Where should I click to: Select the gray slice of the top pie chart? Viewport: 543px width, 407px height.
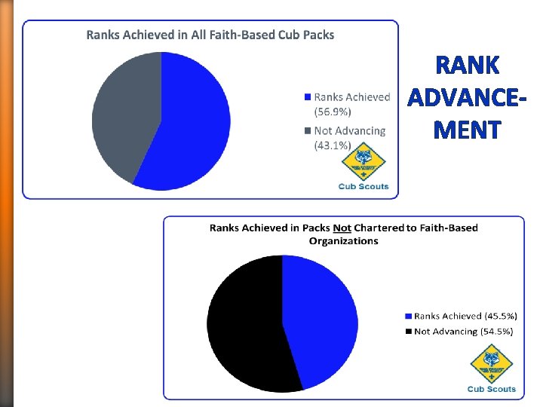pyautogui.click(x=124, y=113)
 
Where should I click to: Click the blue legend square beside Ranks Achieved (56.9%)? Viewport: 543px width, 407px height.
pyautogui.click(x=307, y=97)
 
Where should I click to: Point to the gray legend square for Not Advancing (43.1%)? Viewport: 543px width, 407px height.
pyautogui.click(x=307, y=131)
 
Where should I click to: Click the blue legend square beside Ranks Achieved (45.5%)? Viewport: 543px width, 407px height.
pyautogui.click(x=409, y=317)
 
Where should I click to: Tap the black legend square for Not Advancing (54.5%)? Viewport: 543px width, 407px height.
pyautogui.click(x=409, y=332)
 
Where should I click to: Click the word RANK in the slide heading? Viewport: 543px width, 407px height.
pyautogui.click(x=467, y=66)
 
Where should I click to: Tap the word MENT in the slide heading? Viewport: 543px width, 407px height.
pyautogui.click(x=467, y=130)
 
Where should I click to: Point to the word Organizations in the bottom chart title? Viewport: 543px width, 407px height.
pyautogui.click(x=343, y=241)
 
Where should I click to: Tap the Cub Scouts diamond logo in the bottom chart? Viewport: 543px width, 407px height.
pyautogui.click(x=492, y=365)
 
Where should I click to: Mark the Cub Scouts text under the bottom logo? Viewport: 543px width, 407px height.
pyautogui.click(x=492, y=389)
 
